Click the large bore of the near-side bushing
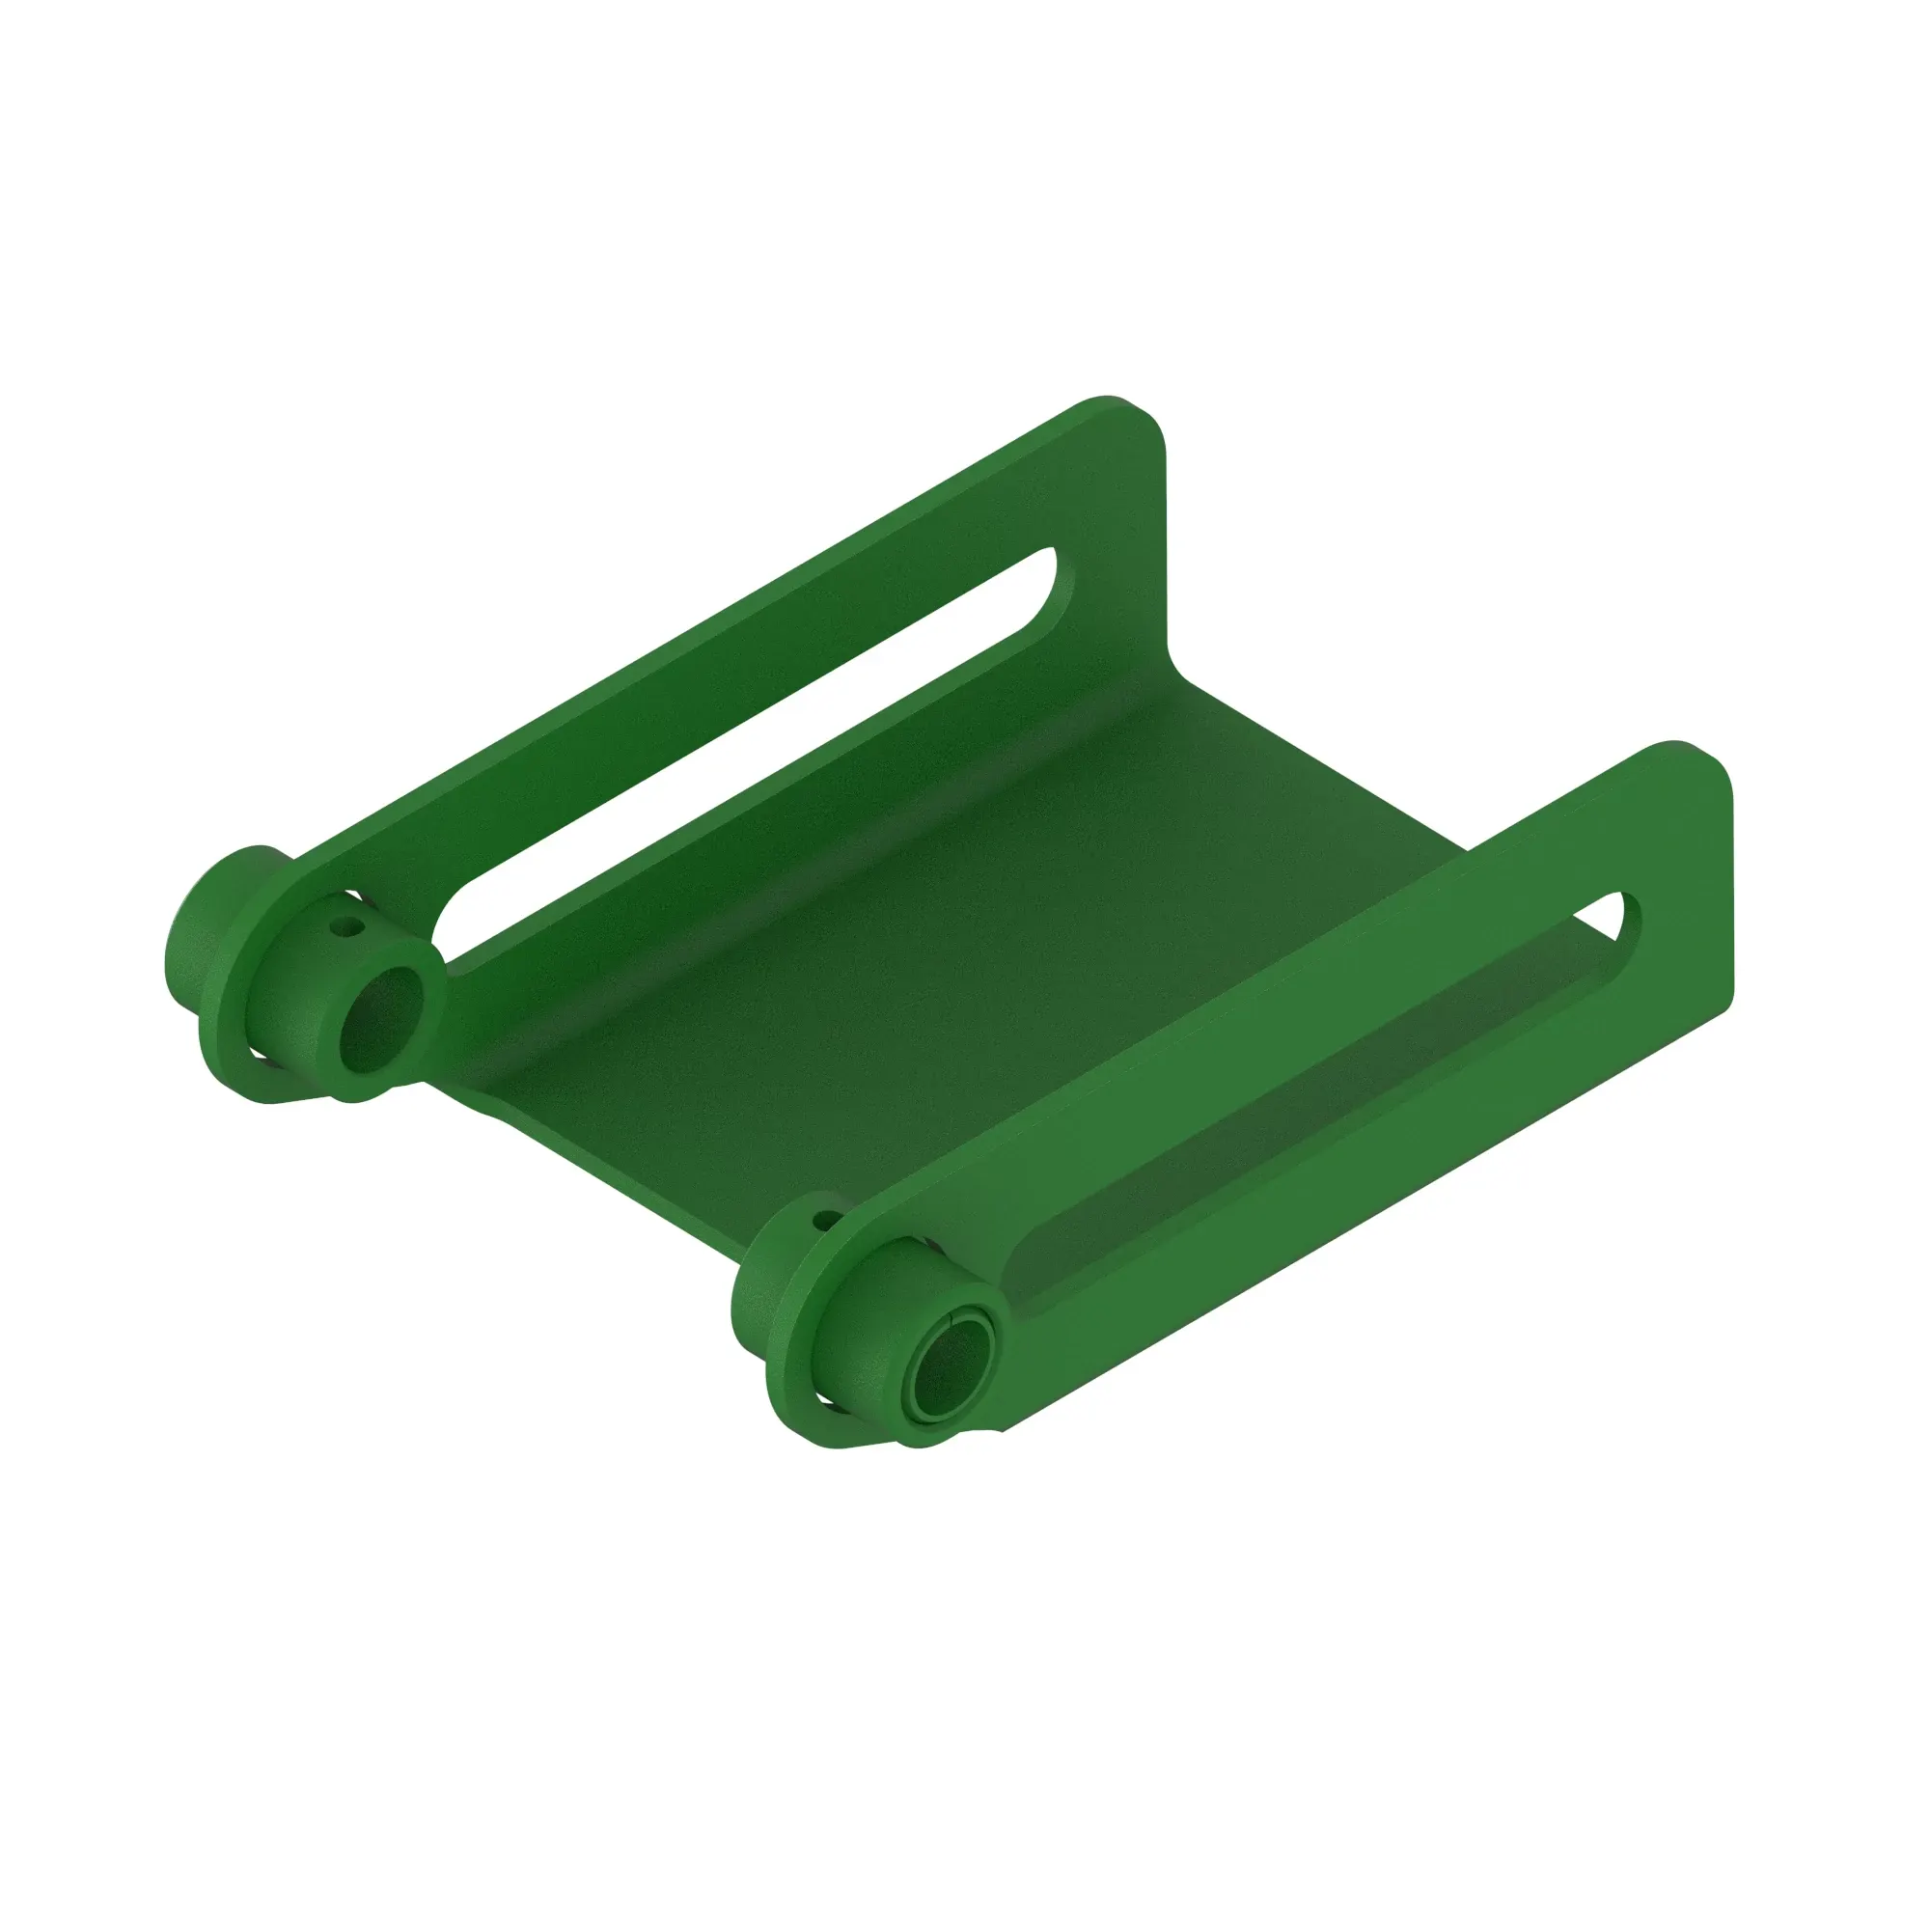[x=948, y=1365]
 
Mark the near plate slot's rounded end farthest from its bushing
[x=1616, y=915]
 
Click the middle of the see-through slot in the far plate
[x=749, y=744]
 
